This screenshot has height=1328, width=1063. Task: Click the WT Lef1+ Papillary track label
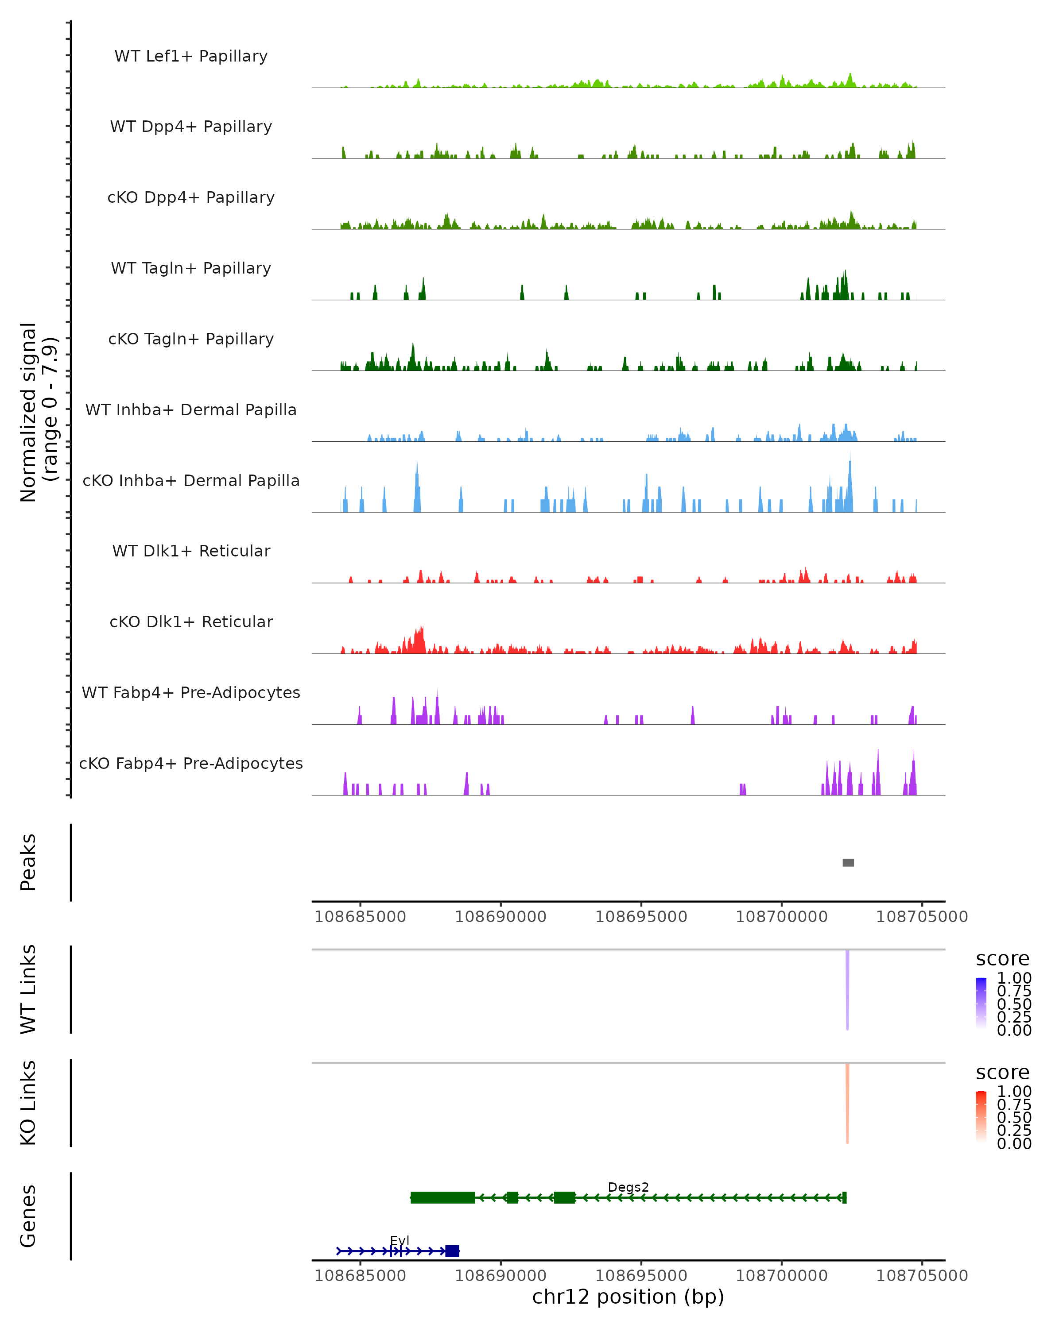point(191,56)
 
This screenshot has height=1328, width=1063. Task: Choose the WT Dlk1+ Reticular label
point(191,551)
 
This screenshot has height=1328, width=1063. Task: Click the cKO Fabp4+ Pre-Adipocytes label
point(191,763)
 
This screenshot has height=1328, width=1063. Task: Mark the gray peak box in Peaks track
point(848,862)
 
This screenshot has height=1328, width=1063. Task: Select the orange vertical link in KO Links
point(847,1103)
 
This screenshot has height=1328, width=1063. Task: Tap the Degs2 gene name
point(628,1187)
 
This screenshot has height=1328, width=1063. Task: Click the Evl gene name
point(400,1240)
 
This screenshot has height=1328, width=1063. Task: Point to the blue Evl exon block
point(452,1251)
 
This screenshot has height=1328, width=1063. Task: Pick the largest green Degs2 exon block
point(442,1197)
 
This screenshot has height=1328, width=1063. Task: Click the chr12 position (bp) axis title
point(628,1297)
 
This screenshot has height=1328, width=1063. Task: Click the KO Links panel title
point(28,1103)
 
